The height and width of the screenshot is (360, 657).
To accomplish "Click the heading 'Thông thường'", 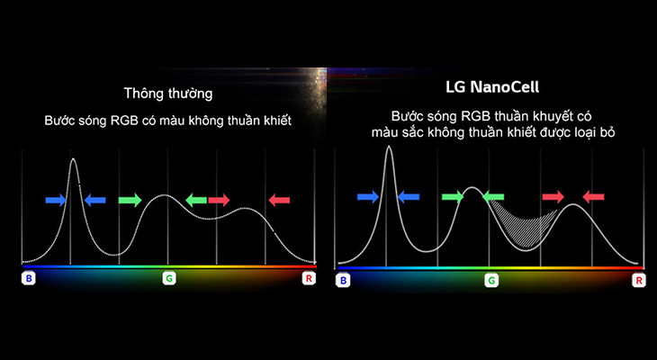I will pos(168,93).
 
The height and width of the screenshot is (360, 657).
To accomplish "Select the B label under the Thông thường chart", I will pos(29,279).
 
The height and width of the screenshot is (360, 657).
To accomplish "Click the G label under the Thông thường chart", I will pos(168,279).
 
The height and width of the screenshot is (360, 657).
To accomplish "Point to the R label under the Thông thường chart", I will pos(309,279).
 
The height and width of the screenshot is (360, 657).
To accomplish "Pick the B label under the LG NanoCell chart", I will pos(342,282).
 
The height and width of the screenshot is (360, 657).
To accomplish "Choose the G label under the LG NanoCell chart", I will pos(491,282).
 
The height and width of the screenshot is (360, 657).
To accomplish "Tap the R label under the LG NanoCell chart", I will pos(639,282).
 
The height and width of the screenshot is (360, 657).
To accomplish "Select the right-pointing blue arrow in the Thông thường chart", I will pos(56,200).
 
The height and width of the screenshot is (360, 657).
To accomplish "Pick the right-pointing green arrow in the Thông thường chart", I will pos(130,200).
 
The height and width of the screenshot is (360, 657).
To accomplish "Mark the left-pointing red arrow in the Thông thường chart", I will pos(279,200).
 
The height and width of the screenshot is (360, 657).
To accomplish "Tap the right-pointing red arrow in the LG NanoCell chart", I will pos(553,195).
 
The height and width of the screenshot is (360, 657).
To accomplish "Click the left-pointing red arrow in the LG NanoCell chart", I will pos(593,195).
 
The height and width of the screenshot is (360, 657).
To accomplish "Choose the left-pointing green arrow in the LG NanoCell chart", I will pos(493,195).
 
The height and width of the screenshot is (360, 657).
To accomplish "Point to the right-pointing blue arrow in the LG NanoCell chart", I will pos(368,195).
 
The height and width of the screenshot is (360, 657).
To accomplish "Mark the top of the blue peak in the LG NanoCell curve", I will pos(389,147).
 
